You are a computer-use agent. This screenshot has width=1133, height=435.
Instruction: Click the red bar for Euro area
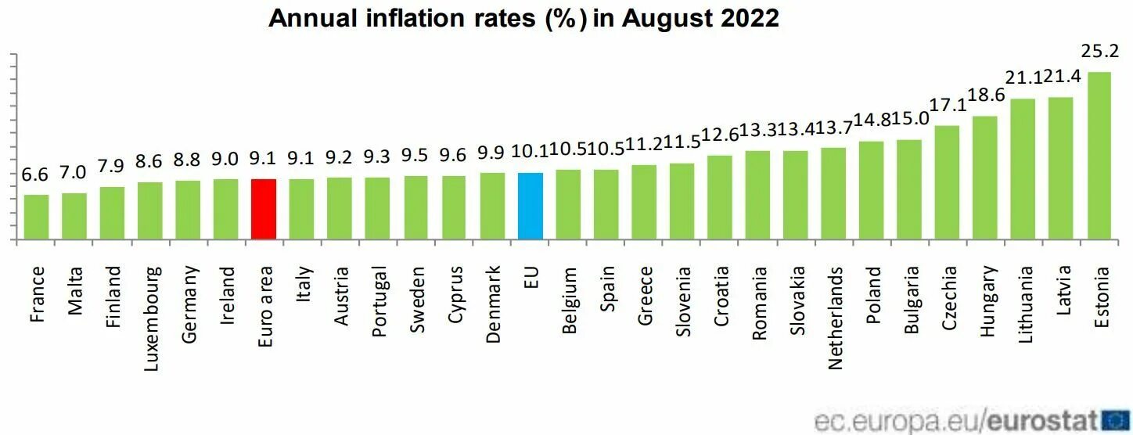coord(264,209)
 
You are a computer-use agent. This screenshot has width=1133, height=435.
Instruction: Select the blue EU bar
coord(531,206)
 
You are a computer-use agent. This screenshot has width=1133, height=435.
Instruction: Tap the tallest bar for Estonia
coord(1099,156)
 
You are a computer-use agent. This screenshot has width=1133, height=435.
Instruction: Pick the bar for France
coord(37,217)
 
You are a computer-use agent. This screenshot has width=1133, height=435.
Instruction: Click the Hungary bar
coord(985,178)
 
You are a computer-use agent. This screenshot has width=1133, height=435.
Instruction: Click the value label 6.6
coord(35,174)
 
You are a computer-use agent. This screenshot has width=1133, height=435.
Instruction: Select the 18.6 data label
coord(985,96)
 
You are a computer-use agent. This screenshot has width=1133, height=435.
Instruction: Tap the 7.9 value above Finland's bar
coord(112,167)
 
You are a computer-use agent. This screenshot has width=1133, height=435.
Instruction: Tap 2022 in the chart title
coord(752,18)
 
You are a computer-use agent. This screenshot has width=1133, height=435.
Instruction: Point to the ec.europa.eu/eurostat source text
coord(955,421)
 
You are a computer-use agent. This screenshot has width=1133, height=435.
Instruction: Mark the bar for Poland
coord(871,190)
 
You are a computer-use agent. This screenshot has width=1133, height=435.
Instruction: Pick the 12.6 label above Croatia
coord(720,135)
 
